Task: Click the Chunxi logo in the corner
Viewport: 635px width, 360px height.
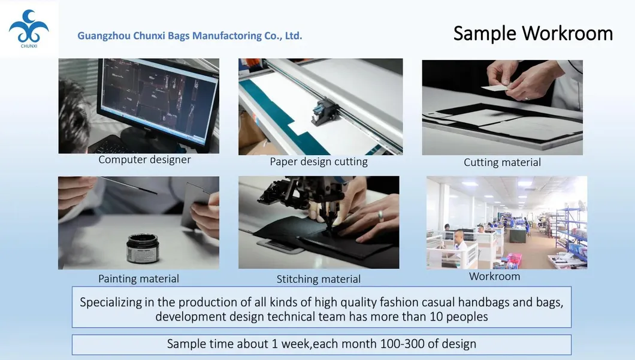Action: tap(28, 29)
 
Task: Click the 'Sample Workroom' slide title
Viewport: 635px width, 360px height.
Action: tap(533, 33)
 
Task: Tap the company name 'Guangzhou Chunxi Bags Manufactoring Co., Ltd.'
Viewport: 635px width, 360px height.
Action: tap(189, 36)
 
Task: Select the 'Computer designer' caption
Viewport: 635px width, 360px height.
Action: tap(144, 160)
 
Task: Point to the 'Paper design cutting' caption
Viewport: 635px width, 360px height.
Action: tap(319, 162)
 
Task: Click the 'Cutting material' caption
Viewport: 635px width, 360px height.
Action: tap(502, 162)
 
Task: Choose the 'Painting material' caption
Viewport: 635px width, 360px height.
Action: tap(138, 279)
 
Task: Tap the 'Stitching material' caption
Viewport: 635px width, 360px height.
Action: tap(319, 279)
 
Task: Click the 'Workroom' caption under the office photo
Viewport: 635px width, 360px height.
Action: tap(494, 276)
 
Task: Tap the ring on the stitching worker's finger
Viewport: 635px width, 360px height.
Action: tap(380, 216)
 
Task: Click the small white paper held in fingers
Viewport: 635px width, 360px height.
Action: tap(495, 87)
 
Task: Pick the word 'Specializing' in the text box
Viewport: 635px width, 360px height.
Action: tap(112, 302)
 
